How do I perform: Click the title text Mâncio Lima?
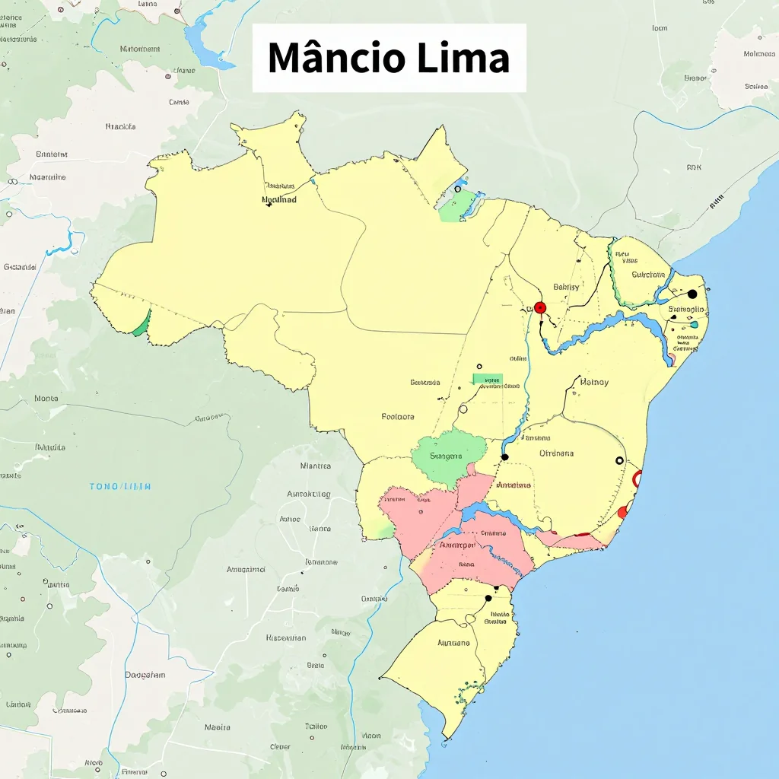coord(389,59)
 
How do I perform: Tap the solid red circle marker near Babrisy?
coord(540,308)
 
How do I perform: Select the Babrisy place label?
coord(566,287)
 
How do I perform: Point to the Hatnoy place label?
coord(594,383)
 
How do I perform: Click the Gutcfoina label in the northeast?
coord(648,275)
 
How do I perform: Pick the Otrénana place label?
coord(557,453)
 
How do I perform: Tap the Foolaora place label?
coord(398,417)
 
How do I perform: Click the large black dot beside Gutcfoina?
coord(692,294)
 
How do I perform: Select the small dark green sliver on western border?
coord(141,325)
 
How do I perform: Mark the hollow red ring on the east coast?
coord(638,479)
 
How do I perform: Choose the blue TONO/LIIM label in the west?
coord(120,486)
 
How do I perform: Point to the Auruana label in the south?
coord(454,643)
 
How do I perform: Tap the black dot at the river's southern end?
coord(504,457)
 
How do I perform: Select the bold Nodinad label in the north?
coord(279,200)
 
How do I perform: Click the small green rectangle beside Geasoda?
coord(487,379)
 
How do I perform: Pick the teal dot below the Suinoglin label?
coord(694,325)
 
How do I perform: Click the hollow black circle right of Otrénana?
coord(619,461)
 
